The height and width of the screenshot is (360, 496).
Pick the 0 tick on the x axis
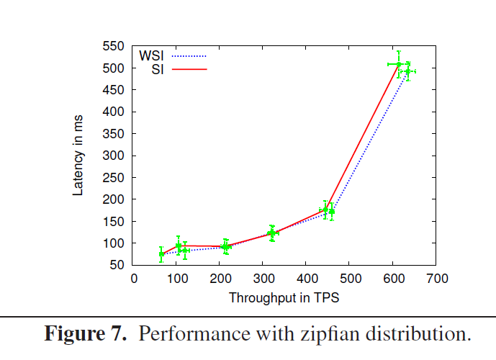pos(133,278)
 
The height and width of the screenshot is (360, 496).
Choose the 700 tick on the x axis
pos(436,278)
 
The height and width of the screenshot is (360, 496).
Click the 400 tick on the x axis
pos(306,278)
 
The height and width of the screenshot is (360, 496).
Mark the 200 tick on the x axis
pos(220,278)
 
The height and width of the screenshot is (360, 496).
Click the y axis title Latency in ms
pos(79,156)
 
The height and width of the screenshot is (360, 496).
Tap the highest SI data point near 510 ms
pos(399,64)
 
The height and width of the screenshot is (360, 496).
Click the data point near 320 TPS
pos(272,233)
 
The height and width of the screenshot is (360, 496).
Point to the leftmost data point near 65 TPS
pos(161,253)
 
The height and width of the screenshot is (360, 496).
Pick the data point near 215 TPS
pos(226,247)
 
